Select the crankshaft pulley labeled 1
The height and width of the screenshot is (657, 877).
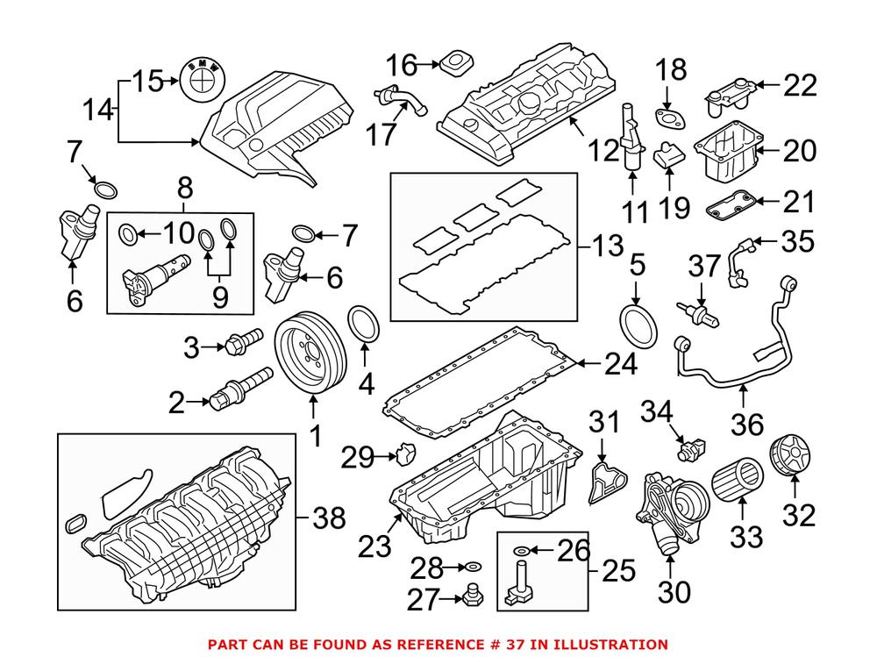point(313,356)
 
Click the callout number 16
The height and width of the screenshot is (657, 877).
point(404,64)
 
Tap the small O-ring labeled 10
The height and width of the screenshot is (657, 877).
point(126,233)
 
